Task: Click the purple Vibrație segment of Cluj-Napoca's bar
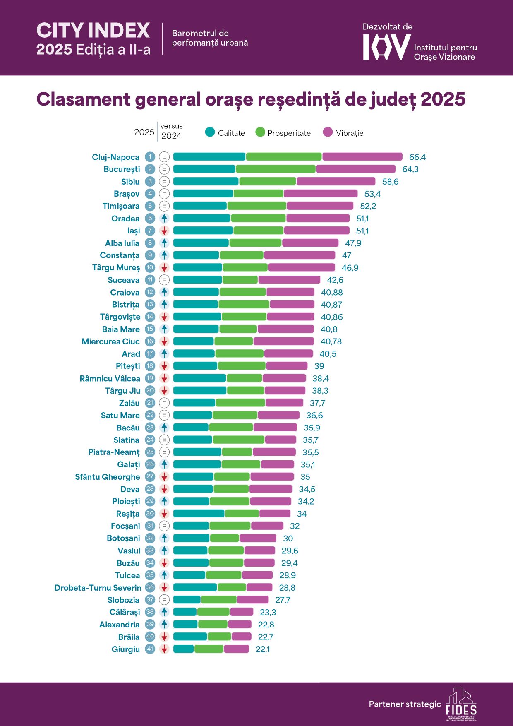pyautogui.click(x=362, y=157)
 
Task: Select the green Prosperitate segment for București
pyautogui.click(x=276, y=169)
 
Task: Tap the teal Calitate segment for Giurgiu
pyautogui.click(x=184, y=649)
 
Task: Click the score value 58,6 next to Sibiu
pyautogui.click(x=390, y=182)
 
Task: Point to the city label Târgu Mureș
pyautogui.click(x=116, y=268)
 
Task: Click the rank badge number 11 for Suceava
pyautogui.click(x=150, y=280)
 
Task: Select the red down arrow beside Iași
pyautogui.click(x=164, y=231)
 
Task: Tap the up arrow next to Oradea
pyautogui.click(x=164, y=219)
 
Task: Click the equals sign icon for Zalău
pyautogui.click(x=164, y=403)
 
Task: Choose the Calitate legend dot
pyautogui.click(x=210, y=132)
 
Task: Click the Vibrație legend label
pyautogui.click(x=350, y=133)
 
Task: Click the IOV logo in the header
pyautogui.click(x=386, y=47)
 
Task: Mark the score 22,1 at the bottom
pyautogui.click(x=263, y=649)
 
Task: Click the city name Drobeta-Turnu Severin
pyautogui.click(x=98, y=588)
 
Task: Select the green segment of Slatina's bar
pyautogui.click(x=238, y=440)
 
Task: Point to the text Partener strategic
pyautogui.click(x=405, y=704)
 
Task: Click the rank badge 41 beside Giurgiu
pyautogui.click(x=150, y=649)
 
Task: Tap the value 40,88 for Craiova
pyautogui.click(x=332, y=293)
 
